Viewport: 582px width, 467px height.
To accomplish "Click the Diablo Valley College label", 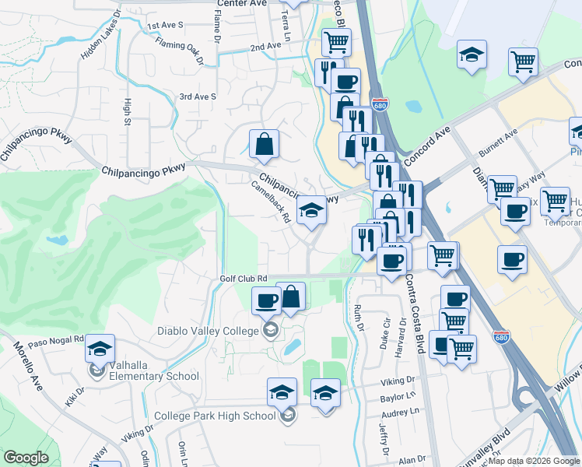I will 207,331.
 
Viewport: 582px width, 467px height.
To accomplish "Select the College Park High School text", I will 215,416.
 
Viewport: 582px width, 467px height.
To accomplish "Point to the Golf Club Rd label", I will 243,278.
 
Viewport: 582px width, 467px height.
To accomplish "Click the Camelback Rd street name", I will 271,202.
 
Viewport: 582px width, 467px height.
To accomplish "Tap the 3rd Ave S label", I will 197,97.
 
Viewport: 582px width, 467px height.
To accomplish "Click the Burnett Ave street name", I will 498,142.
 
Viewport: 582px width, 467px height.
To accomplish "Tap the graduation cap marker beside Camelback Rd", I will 311,210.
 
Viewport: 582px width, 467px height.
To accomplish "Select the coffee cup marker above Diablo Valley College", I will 266,300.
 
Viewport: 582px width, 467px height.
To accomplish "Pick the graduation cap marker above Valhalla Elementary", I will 100,348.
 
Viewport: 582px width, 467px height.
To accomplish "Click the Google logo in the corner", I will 26,458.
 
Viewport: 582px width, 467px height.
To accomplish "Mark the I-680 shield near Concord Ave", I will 380,105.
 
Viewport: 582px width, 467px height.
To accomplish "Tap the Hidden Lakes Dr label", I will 100,36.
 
